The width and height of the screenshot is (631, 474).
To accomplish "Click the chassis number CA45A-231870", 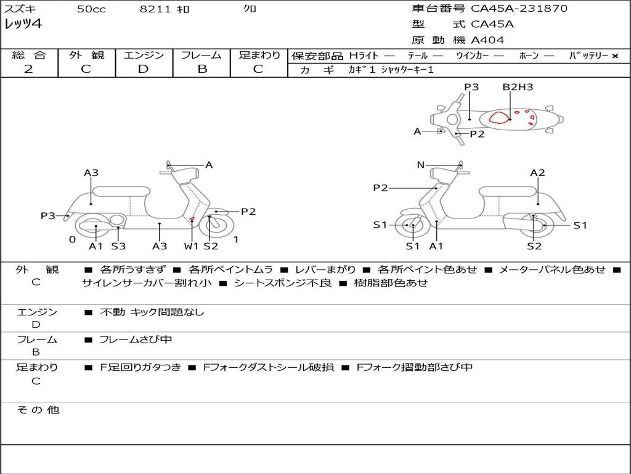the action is (519, 9).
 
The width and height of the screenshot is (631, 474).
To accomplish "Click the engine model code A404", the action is (487, 40).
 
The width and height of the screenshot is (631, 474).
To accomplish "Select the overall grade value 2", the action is (28, 69).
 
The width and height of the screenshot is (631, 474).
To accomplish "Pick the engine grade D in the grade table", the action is (143, 69).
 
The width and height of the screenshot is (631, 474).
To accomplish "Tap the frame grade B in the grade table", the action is (202, 69).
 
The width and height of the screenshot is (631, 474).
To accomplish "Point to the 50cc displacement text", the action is (91, 9).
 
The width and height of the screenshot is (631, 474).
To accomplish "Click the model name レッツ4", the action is (23, 25).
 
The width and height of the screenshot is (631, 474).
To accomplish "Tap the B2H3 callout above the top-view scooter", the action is (518, 87).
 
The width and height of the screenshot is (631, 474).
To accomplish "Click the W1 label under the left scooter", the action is (192, 246).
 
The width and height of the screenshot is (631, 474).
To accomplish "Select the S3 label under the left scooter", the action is (118, 246).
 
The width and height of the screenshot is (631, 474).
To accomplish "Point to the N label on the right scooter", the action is (421, 165).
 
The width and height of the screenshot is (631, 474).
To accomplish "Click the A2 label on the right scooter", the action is (538, 173).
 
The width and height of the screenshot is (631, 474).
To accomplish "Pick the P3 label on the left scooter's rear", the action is (48, 215).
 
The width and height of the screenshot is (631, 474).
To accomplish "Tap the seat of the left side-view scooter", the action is (120, 191).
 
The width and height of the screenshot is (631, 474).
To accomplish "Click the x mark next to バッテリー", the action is (614, 56).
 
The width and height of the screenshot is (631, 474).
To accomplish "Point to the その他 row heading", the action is (38, 410).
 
